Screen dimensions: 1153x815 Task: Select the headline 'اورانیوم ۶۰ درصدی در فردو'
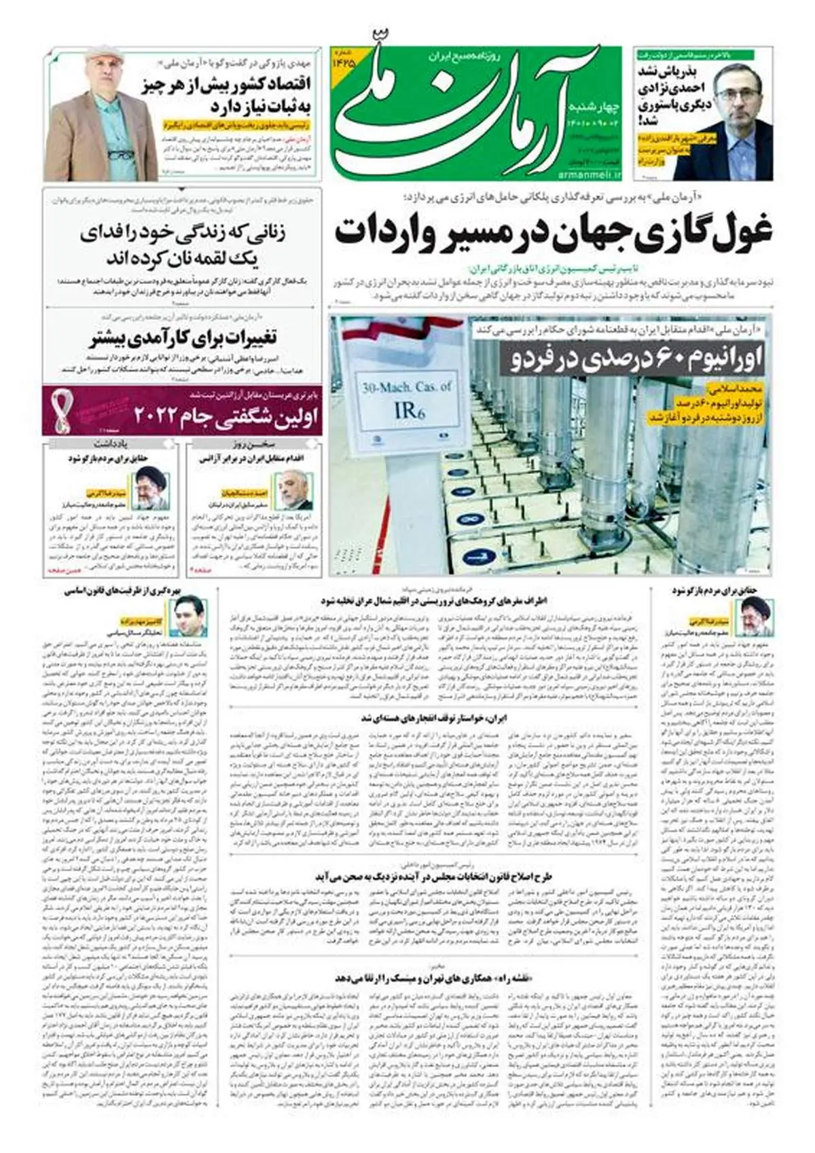pyautogui.click(x=635, y=359)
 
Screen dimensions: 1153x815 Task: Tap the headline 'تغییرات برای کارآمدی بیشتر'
pyautogui.click(x=183, y=337)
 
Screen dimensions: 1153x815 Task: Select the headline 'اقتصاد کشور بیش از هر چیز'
pyautogui.click(x=234, y=86)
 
